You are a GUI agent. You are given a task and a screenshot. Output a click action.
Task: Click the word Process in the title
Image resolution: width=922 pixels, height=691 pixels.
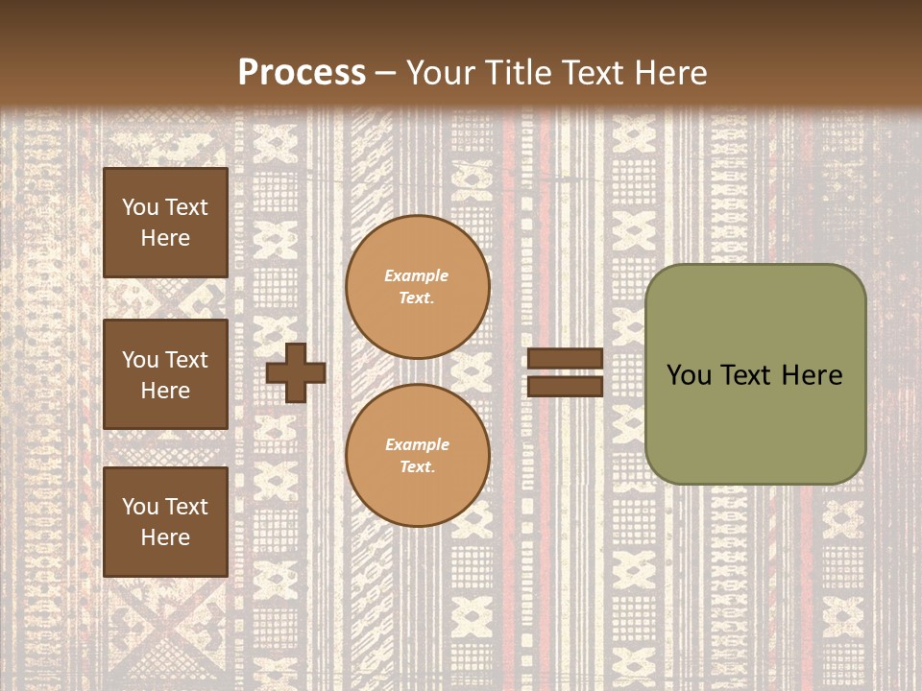(x=302, y=73)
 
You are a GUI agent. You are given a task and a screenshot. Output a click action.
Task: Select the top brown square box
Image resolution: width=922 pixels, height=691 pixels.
(x=165, y=223)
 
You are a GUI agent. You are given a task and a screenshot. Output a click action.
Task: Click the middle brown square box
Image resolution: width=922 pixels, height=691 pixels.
(x=165, y=374)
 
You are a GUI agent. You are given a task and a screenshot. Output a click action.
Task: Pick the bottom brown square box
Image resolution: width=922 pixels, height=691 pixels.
(x=165, y=522)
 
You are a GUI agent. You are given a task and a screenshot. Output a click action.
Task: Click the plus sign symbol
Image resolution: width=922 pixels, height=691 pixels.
(x=296, y=373)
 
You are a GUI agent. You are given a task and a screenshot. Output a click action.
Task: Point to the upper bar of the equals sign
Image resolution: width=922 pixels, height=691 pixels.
(x=566, y=359)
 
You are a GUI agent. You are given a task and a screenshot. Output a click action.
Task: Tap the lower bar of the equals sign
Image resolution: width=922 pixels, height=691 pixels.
(x=566, y=386)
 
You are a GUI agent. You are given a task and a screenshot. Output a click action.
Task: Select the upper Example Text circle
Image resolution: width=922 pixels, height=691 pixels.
(x=417, y=286)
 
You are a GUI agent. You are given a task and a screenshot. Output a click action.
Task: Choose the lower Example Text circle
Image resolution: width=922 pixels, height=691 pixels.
(x=417, y=455)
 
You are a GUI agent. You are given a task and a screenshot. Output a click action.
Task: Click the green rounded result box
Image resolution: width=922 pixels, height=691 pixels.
(x=755, y=374)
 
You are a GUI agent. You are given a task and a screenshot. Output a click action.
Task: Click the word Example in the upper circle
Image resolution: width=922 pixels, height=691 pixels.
(x=417, y=275)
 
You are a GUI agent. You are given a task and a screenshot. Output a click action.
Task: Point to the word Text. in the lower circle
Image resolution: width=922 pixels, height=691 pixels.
(x=417, y=466)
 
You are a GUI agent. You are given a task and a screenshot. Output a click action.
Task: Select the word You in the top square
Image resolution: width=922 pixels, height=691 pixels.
(x=140, y=207)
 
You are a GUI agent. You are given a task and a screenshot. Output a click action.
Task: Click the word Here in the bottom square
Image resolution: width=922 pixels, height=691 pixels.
(x=165, y=537)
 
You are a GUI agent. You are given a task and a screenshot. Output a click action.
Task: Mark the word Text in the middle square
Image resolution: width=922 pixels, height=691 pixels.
(x=185, y=360)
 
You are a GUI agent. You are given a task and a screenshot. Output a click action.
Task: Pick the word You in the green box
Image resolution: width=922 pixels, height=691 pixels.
(x=688, y=375)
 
